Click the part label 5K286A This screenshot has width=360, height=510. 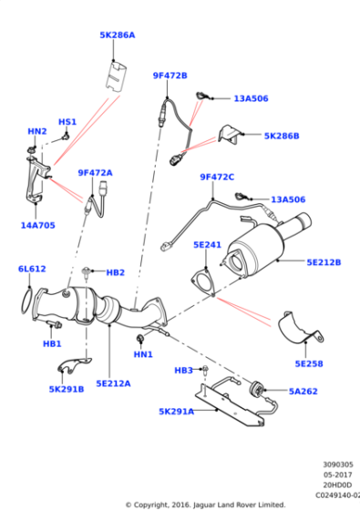coord(117,35)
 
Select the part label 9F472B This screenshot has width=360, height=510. coord(170,76)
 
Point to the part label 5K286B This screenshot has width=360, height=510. coord(282,136)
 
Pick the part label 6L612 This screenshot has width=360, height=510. coord(33,269)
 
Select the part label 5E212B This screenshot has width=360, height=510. coord(324,262)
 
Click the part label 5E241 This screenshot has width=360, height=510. coord(207,245)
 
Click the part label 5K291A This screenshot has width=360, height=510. coord(176,412)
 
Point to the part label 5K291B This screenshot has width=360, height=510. coord(67,389)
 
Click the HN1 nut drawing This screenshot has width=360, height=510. coord(140,338)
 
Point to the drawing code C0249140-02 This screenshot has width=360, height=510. coord(338,495)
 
